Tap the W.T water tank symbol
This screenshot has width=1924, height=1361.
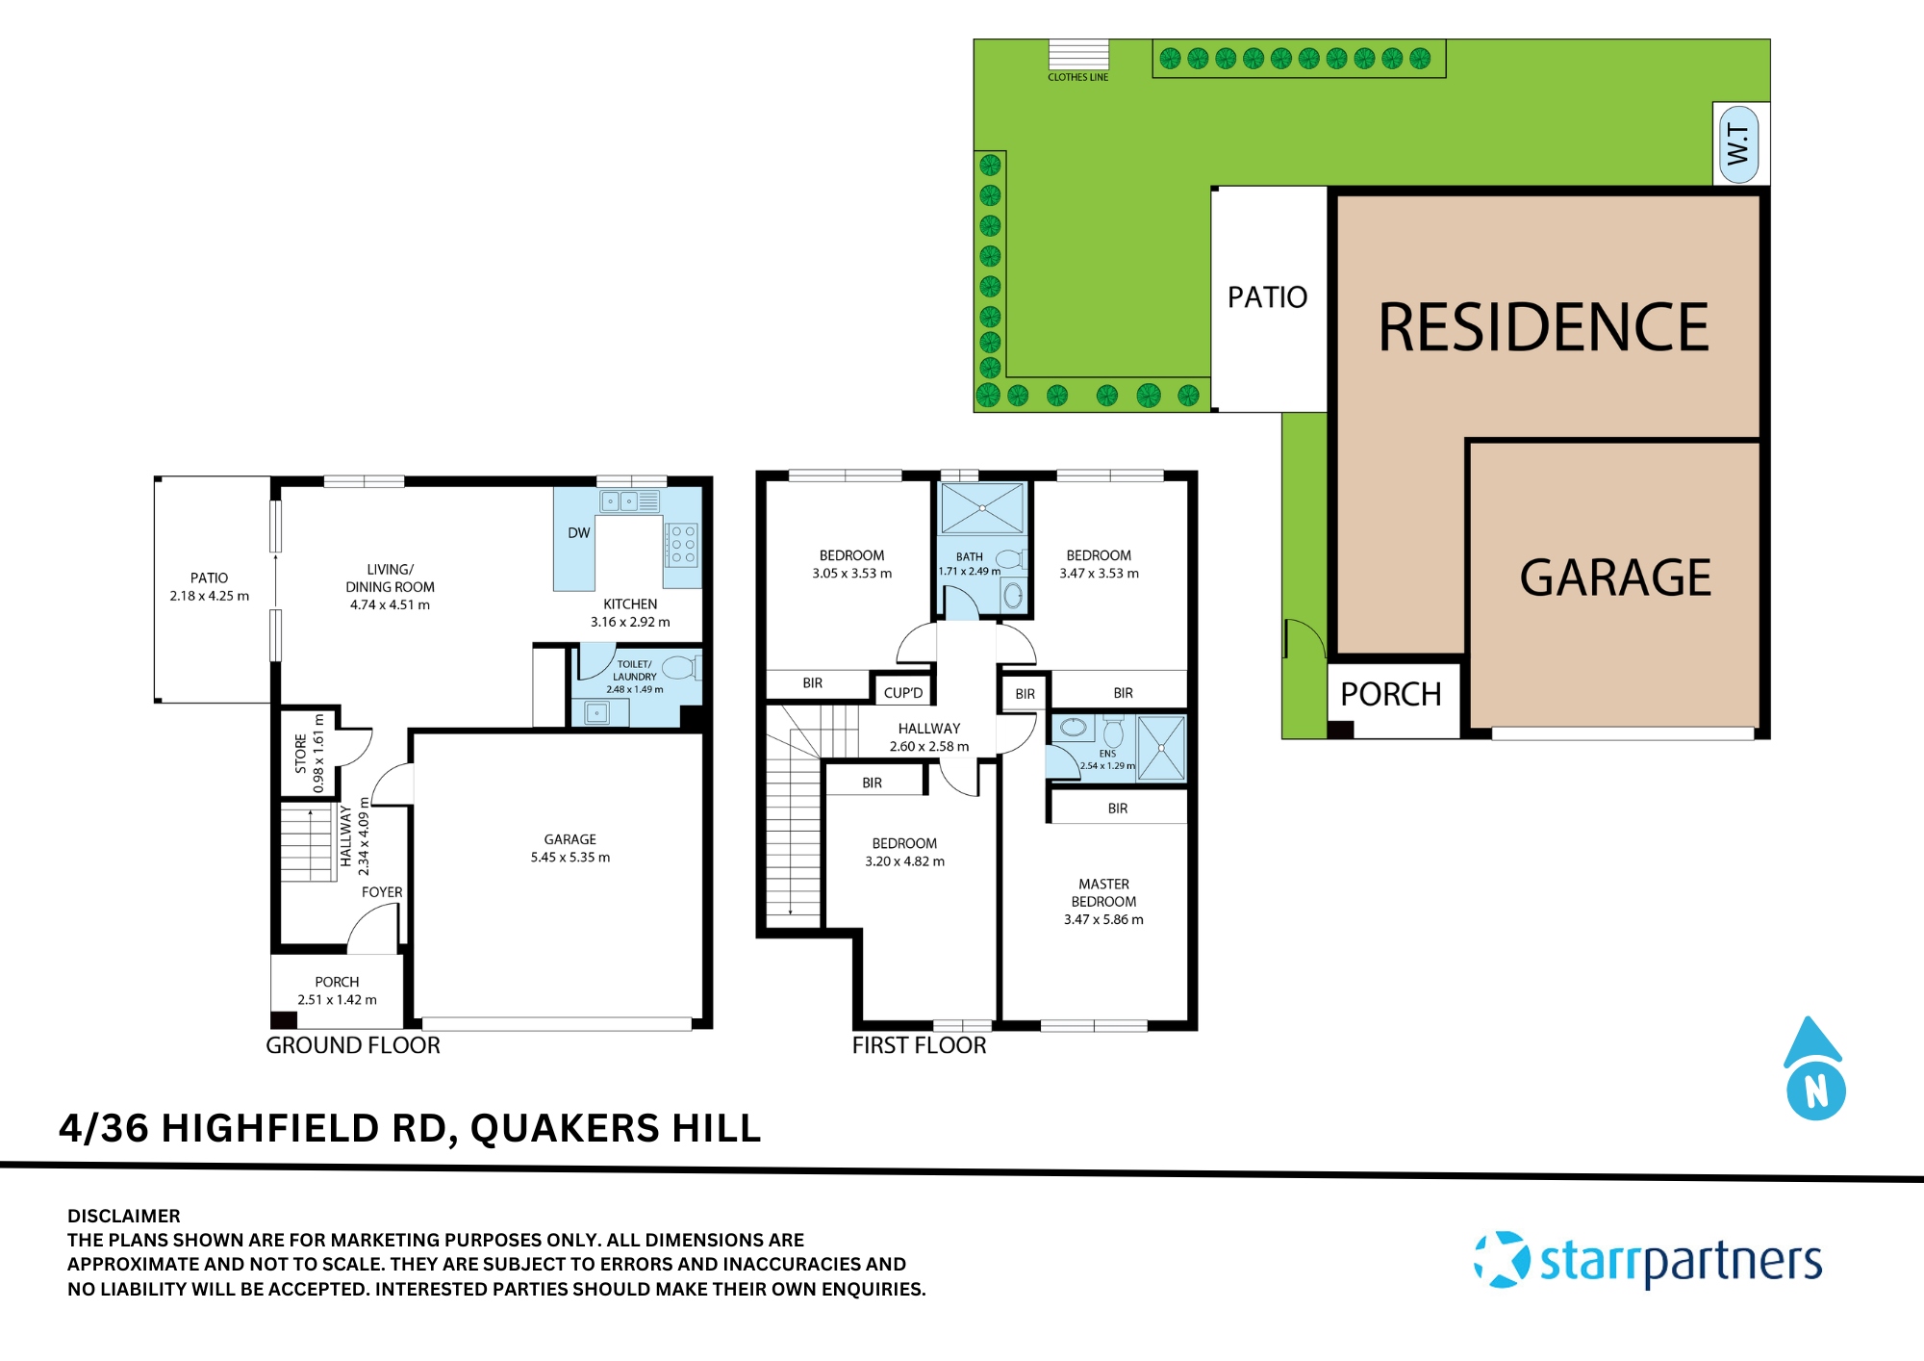pyautogui.click(x=1739, y=144)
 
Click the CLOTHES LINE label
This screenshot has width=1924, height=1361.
pyautogui.click(x=1077, y=77)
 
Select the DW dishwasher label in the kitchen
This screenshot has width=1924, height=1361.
pyautogui.click(x=578, y=533)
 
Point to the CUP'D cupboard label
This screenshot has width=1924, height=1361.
pyautogui.click(x=902, y=693)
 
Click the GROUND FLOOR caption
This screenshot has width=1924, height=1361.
pyautogui.click(x=352, y=1045)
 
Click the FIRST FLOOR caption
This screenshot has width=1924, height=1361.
pyautogui.click(x=919, y=1045)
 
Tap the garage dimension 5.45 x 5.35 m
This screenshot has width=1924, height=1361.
pyautogui.click(x=570, y=858)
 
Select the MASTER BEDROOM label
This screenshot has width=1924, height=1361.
pyautogui.click(x=1103, y=892)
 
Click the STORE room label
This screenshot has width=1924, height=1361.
pyautogui.click(x=300, y=754)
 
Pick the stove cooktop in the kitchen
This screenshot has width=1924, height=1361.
pyautogui.click(x=683, y=545)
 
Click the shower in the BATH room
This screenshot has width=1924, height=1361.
pyautogui.click(x=981, y=508)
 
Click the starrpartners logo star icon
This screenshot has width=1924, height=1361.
pyautogui.click(x=1502, y=1259)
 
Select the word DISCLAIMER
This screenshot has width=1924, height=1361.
pyautogui.click(x=123, y=1216)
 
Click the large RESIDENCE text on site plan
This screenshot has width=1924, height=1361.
pyautogui.click(x=1543, y=327)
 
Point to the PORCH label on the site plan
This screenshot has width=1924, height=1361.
pyautogui.click(x=1390, y=694)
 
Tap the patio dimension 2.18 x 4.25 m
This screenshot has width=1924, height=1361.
pyautogui.click(x=209, y=596)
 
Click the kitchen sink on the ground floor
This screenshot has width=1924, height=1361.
pyautogui.click(x=620, y=501)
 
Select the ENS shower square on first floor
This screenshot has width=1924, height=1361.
pyautogui.click(x=1162, y=748)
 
